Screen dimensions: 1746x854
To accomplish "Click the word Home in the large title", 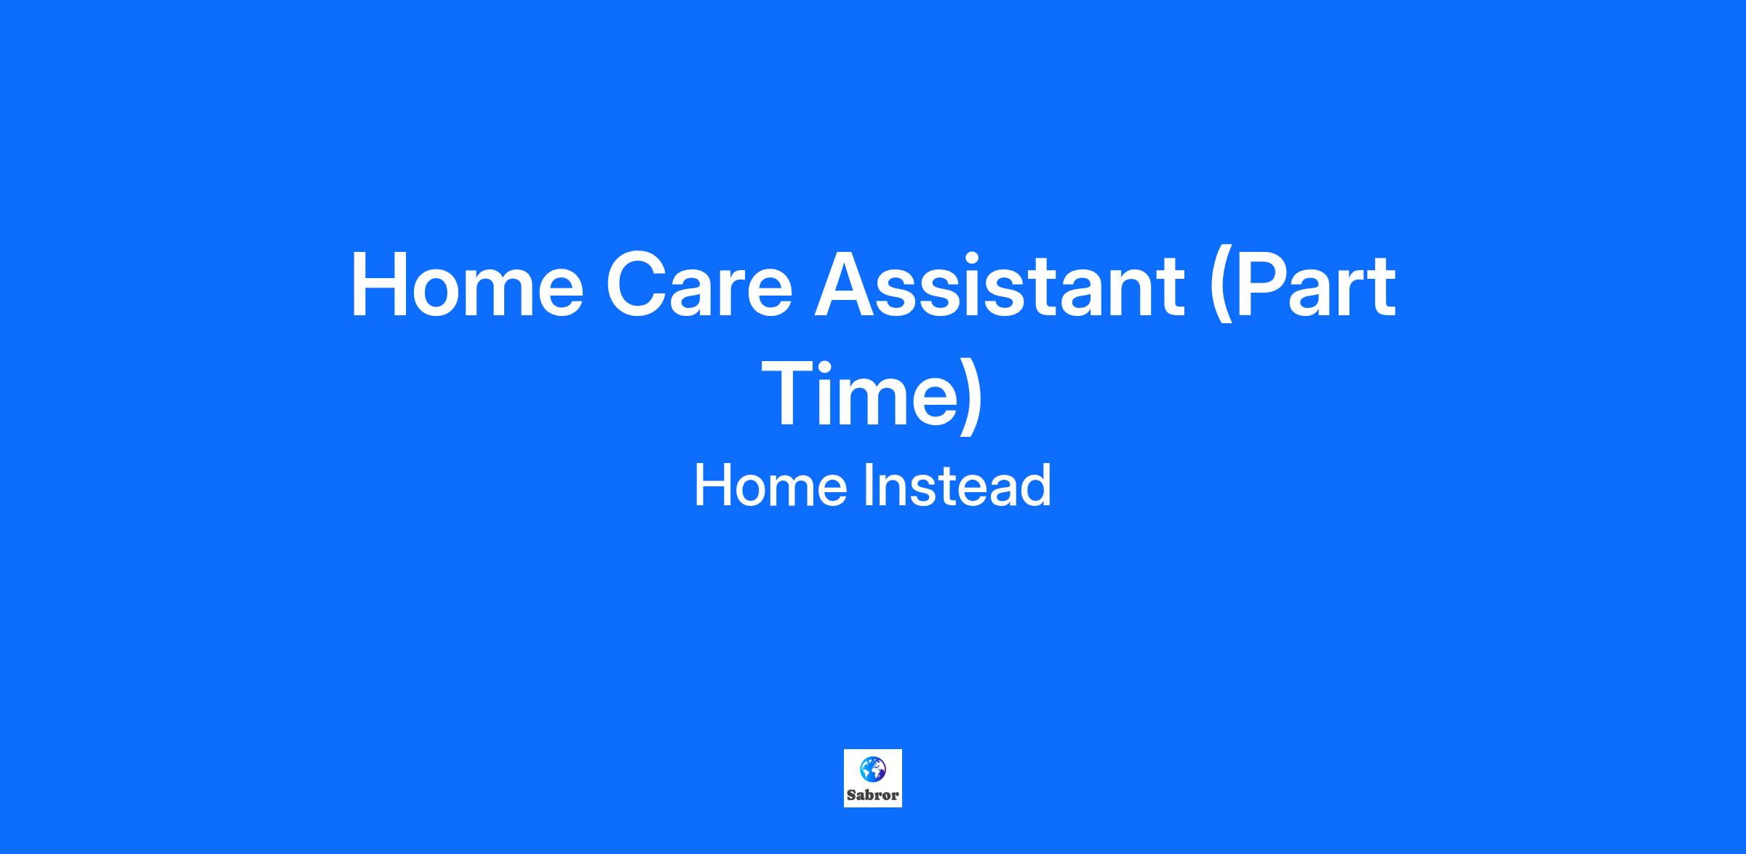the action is pos(467,285).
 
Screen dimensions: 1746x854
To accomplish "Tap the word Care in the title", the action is pos(699,285).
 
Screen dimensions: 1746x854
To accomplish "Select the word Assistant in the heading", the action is pos(999,285).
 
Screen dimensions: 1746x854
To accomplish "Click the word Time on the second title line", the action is pos(859,393).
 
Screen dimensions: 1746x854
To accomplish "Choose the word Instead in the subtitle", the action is pos(957,486).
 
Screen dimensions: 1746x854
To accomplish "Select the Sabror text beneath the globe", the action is pos(872,795).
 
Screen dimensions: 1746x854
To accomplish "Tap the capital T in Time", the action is pos(792,393).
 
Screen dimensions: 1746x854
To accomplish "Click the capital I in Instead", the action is pos(869,486).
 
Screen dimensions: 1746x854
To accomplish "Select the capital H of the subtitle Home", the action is pos(712,486).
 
